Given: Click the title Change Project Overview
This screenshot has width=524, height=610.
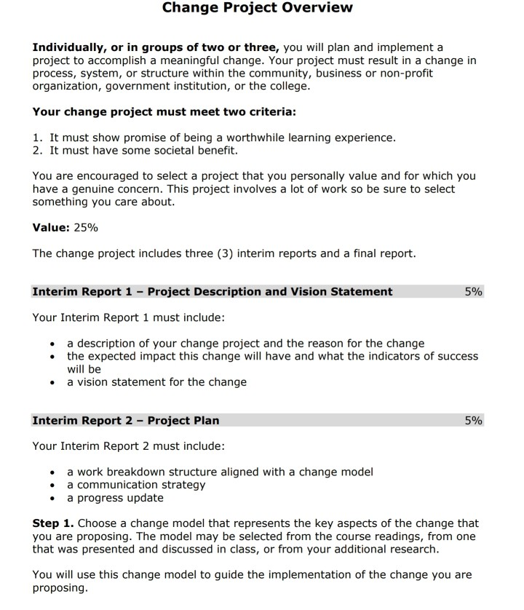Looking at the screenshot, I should [x=257, y=8].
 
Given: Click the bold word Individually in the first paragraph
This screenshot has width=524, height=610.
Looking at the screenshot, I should [x=68, y=47].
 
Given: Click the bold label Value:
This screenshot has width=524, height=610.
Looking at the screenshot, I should [x=51, y=228].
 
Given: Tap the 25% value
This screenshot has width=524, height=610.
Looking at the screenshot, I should [x=86, y=228].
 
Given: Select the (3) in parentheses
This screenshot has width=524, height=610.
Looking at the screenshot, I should [x=226, y=254].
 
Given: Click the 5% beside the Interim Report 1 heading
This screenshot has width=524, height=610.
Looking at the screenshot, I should [x=473, y=292].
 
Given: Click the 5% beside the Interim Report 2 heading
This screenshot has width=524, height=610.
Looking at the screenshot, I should [x=473, y=421].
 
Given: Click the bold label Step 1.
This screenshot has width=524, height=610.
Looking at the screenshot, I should [x=53, y=523].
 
